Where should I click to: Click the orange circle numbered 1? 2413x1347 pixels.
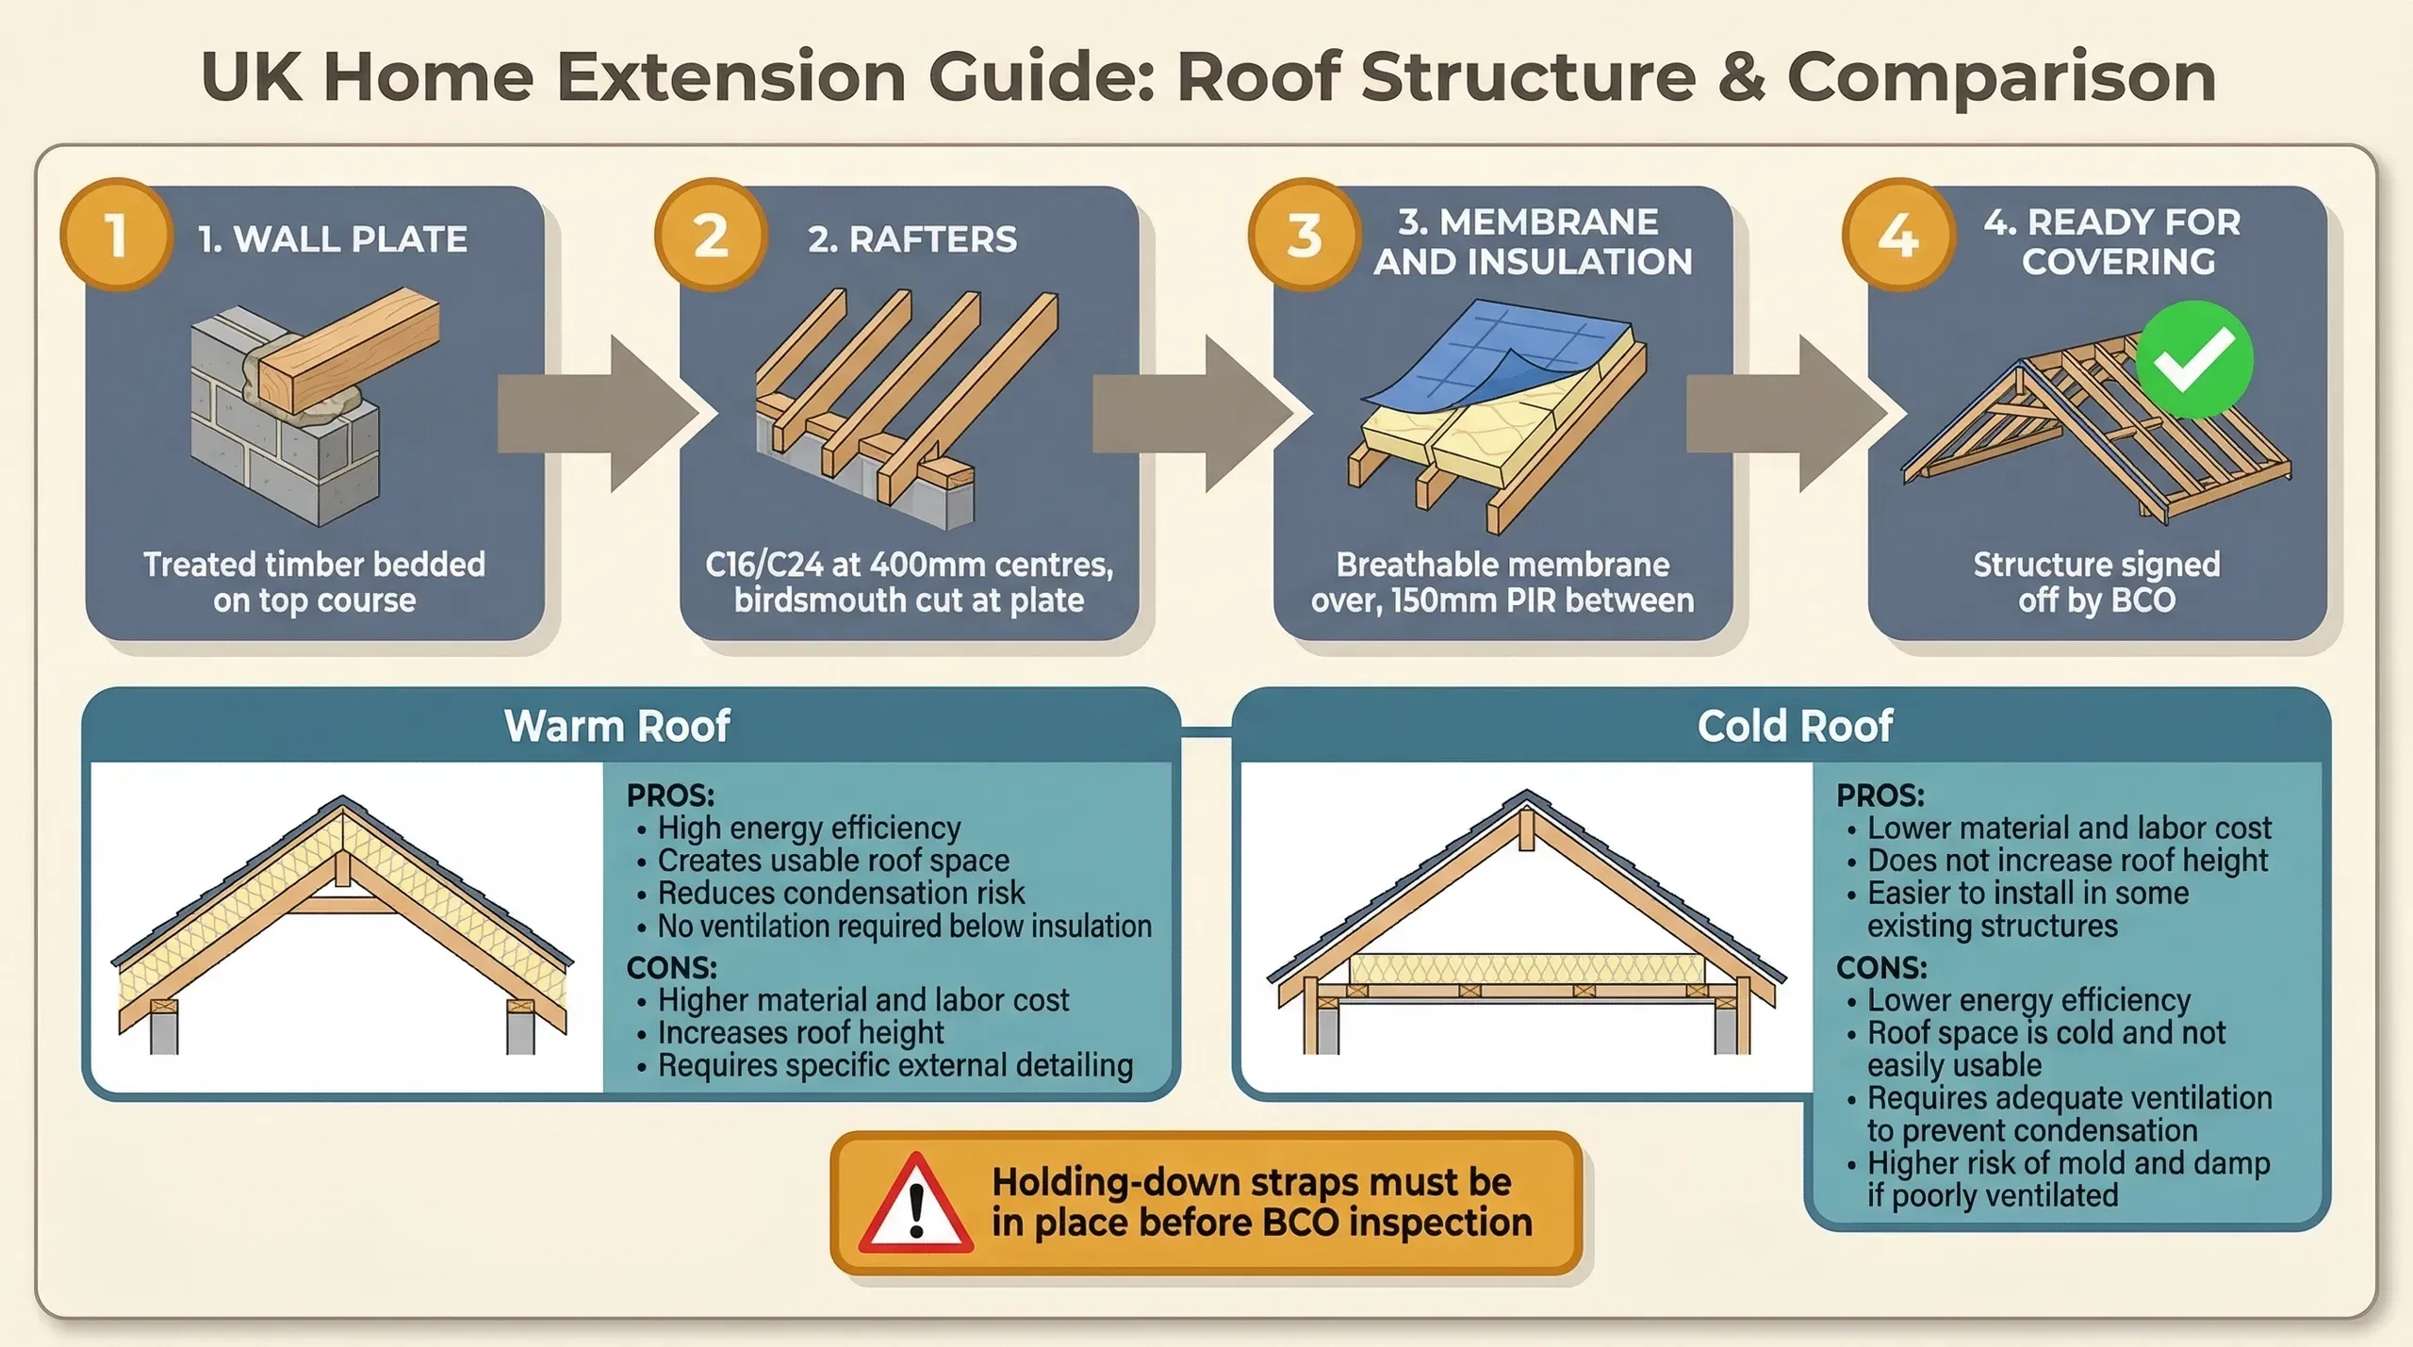[x=116, y=235]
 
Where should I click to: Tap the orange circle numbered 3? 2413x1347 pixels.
[x=1305, y=235]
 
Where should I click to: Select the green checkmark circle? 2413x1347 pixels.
[x=2193, y=360]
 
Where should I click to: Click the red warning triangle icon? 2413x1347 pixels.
[x=915, y=1204]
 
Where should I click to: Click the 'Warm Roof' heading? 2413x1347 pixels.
[x=617, y=726]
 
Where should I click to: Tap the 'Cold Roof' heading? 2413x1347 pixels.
[x=1795, y=726]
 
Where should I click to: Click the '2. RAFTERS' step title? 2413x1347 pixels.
[x=912, y=239]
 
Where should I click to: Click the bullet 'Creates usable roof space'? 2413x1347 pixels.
[x=832, y=861]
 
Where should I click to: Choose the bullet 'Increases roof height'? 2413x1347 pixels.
[x=800, y=1033]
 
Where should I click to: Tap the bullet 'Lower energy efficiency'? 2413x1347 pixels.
[x=2028, y=1000]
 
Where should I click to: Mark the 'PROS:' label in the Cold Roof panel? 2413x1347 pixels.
[x=1880, y=796]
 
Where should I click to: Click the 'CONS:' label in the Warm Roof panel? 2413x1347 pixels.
[x=671, y=968]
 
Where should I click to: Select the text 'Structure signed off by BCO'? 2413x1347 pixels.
[x=2096, y=583]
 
